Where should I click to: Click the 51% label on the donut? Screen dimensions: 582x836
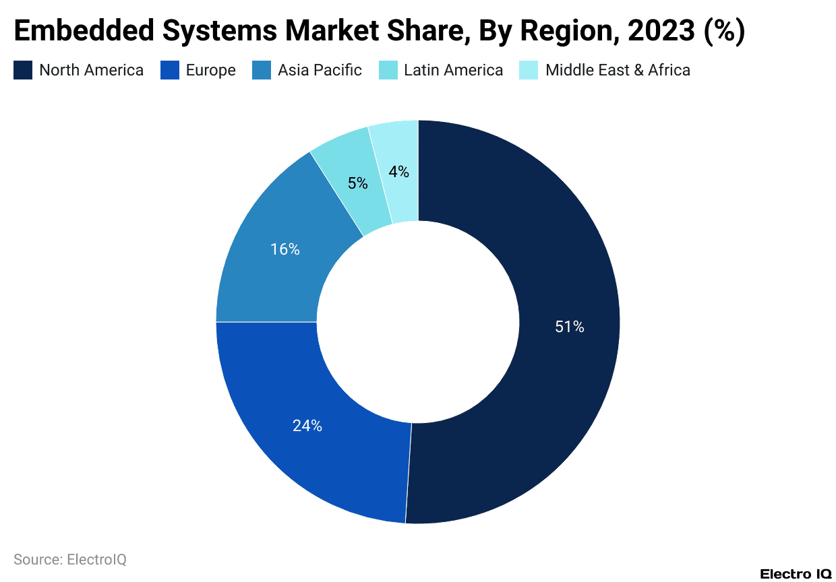569,327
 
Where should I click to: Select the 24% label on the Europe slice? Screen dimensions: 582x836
307,426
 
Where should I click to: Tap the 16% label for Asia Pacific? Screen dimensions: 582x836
285,249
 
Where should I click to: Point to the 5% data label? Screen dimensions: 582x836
358,183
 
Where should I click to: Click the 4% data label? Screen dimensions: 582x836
398,172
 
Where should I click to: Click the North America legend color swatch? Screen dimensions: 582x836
23,70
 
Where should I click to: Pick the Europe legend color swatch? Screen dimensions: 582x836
169,70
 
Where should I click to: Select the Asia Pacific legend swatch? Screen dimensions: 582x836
262,70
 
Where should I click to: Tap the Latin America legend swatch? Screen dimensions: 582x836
388,70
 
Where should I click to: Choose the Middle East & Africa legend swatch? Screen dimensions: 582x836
529,70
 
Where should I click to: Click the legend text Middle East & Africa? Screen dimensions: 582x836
618,70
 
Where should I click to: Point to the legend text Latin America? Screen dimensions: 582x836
453,70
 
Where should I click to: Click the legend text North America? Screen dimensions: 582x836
91,70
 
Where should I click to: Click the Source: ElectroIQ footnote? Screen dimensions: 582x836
70,559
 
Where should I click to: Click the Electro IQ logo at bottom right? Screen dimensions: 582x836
796,574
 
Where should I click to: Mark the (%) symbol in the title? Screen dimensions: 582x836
724,31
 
